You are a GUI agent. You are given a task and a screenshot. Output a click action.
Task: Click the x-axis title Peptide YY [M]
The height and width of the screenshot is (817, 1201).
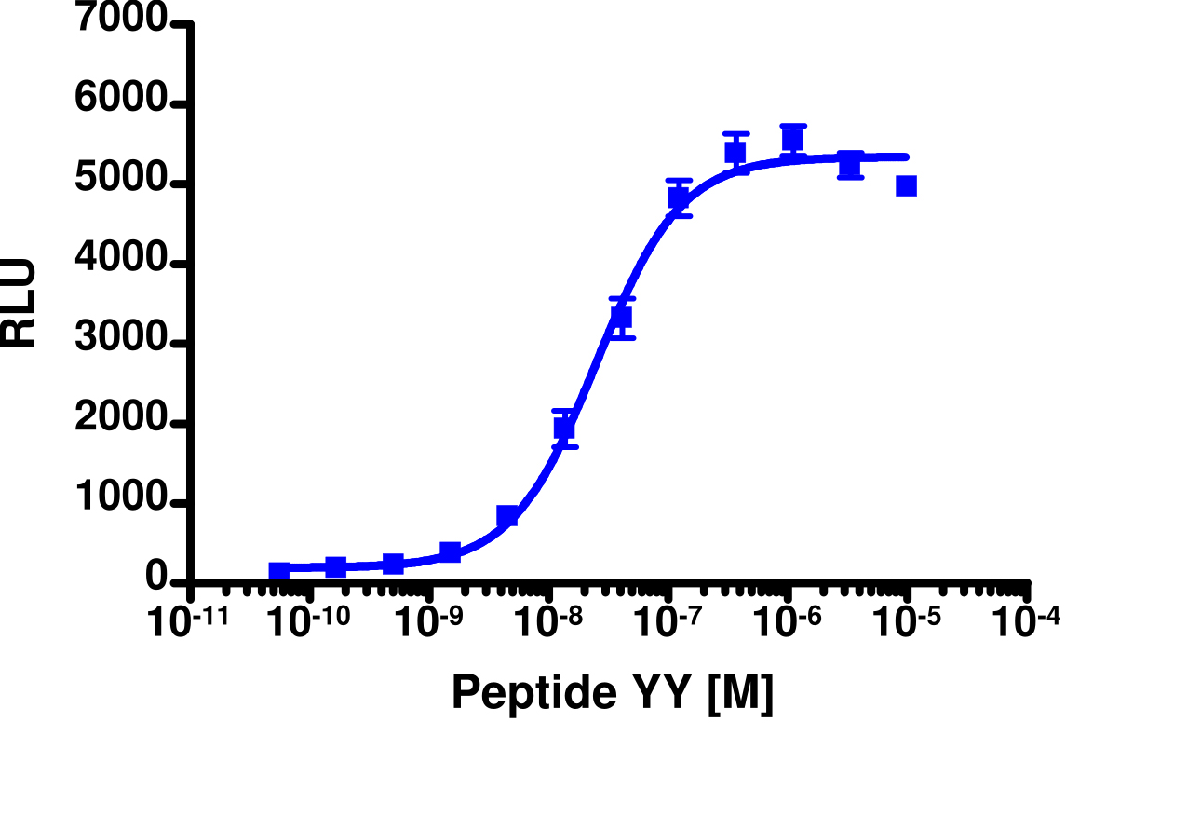612,693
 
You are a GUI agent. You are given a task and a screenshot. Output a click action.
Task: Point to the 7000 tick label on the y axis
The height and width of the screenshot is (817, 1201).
122,21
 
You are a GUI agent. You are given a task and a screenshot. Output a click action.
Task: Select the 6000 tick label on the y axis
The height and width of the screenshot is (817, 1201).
122,104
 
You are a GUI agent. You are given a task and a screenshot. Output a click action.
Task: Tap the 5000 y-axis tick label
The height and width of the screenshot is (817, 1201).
122,184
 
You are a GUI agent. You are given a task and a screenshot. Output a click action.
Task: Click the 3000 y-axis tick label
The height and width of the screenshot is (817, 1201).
122,344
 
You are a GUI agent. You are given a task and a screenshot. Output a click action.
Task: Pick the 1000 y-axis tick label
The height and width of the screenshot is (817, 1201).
122,503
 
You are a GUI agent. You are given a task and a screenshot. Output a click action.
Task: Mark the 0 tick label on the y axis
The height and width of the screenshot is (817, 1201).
157,580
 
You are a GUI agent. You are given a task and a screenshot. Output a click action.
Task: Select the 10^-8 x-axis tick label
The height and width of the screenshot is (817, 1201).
549,622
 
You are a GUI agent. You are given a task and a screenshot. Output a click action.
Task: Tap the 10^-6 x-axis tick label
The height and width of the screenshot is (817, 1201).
789,622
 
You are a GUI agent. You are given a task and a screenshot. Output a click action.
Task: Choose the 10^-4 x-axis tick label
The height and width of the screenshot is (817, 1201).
1026,622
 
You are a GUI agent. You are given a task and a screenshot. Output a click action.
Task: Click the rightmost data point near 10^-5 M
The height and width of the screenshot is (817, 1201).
907,186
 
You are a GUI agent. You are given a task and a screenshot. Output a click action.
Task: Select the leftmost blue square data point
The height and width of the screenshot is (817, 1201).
279,571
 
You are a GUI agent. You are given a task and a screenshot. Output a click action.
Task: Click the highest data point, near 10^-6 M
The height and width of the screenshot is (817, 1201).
792,140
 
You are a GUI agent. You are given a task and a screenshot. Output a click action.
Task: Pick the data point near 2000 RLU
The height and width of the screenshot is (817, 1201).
564,428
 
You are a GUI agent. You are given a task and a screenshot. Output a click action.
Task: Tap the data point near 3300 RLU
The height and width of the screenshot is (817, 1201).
622,318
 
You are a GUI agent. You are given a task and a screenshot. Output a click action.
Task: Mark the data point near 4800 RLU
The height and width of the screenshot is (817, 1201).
679,197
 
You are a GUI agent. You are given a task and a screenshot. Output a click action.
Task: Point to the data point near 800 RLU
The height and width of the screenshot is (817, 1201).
507,516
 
